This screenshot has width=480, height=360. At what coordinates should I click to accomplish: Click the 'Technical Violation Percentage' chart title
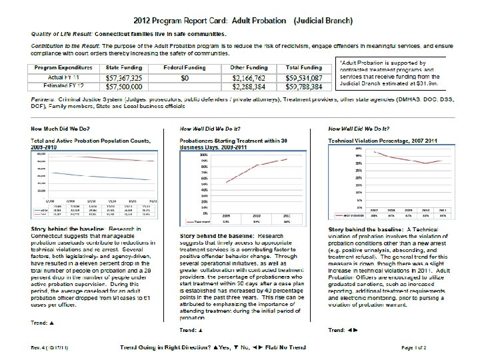tap(373, 141)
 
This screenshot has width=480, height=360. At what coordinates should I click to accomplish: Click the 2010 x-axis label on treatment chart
tap(257, 216)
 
